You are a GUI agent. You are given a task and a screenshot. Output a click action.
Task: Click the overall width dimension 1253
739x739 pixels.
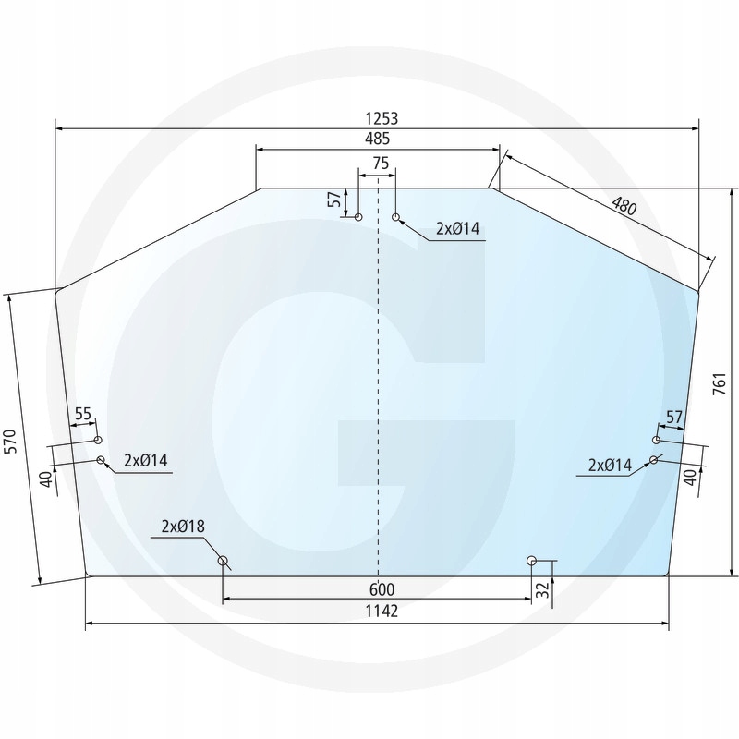point(381,118)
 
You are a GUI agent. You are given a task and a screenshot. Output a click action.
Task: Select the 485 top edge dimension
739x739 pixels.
point(377,139)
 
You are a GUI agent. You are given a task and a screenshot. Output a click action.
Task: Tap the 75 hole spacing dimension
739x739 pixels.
point(380,163)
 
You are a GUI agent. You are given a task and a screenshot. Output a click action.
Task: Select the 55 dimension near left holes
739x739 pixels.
point(83,415)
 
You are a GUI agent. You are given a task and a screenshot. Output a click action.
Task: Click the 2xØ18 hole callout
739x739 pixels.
point(182,527)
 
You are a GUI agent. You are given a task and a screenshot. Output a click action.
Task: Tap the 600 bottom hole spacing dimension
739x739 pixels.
point(382,589)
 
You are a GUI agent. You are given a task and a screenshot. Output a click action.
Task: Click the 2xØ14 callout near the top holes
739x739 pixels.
point(458,229)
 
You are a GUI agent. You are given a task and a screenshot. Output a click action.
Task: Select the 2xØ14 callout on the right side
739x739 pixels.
point(610,466)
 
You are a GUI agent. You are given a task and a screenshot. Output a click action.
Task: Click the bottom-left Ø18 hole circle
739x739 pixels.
point(223,561)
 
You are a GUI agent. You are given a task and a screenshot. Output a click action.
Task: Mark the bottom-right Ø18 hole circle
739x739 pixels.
point(531,561)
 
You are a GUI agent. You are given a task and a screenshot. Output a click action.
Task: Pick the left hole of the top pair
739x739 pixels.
point(358,218)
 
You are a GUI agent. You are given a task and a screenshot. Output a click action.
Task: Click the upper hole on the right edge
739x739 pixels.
point(657,440)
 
